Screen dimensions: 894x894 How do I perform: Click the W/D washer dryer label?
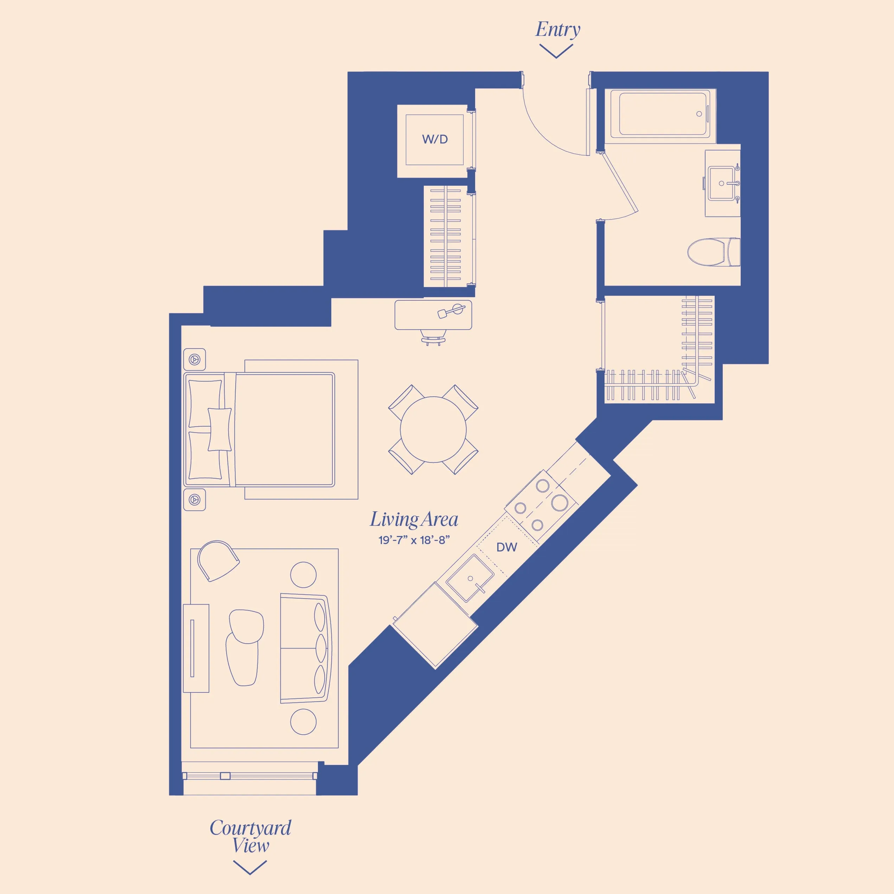(434, 139)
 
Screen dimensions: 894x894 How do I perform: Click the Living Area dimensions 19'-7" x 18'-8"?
(414, 540)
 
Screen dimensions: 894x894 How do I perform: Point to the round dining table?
(433, 429)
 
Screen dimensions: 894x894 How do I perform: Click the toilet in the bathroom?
(713, 252)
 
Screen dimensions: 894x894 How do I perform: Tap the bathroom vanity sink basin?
(721, 183)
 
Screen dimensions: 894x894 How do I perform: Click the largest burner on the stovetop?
(560, 502)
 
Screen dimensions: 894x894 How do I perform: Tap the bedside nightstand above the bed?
(194, 359)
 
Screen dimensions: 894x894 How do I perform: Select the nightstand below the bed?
(194, 500)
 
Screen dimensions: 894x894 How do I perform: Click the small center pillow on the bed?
(219, 429)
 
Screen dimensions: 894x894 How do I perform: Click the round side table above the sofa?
(303, 575)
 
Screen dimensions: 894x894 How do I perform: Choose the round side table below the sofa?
(303, 722)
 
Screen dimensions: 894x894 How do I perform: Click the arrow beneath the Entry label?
(556, 51)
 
